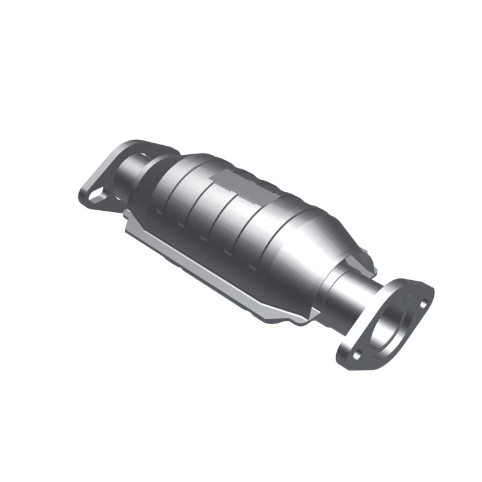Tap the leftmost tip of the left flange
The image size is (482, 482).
(81, 194)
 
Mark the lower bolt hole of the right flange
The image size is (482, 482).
(356, 355)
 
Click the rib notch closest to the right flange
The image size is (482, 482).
(251, 263)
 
